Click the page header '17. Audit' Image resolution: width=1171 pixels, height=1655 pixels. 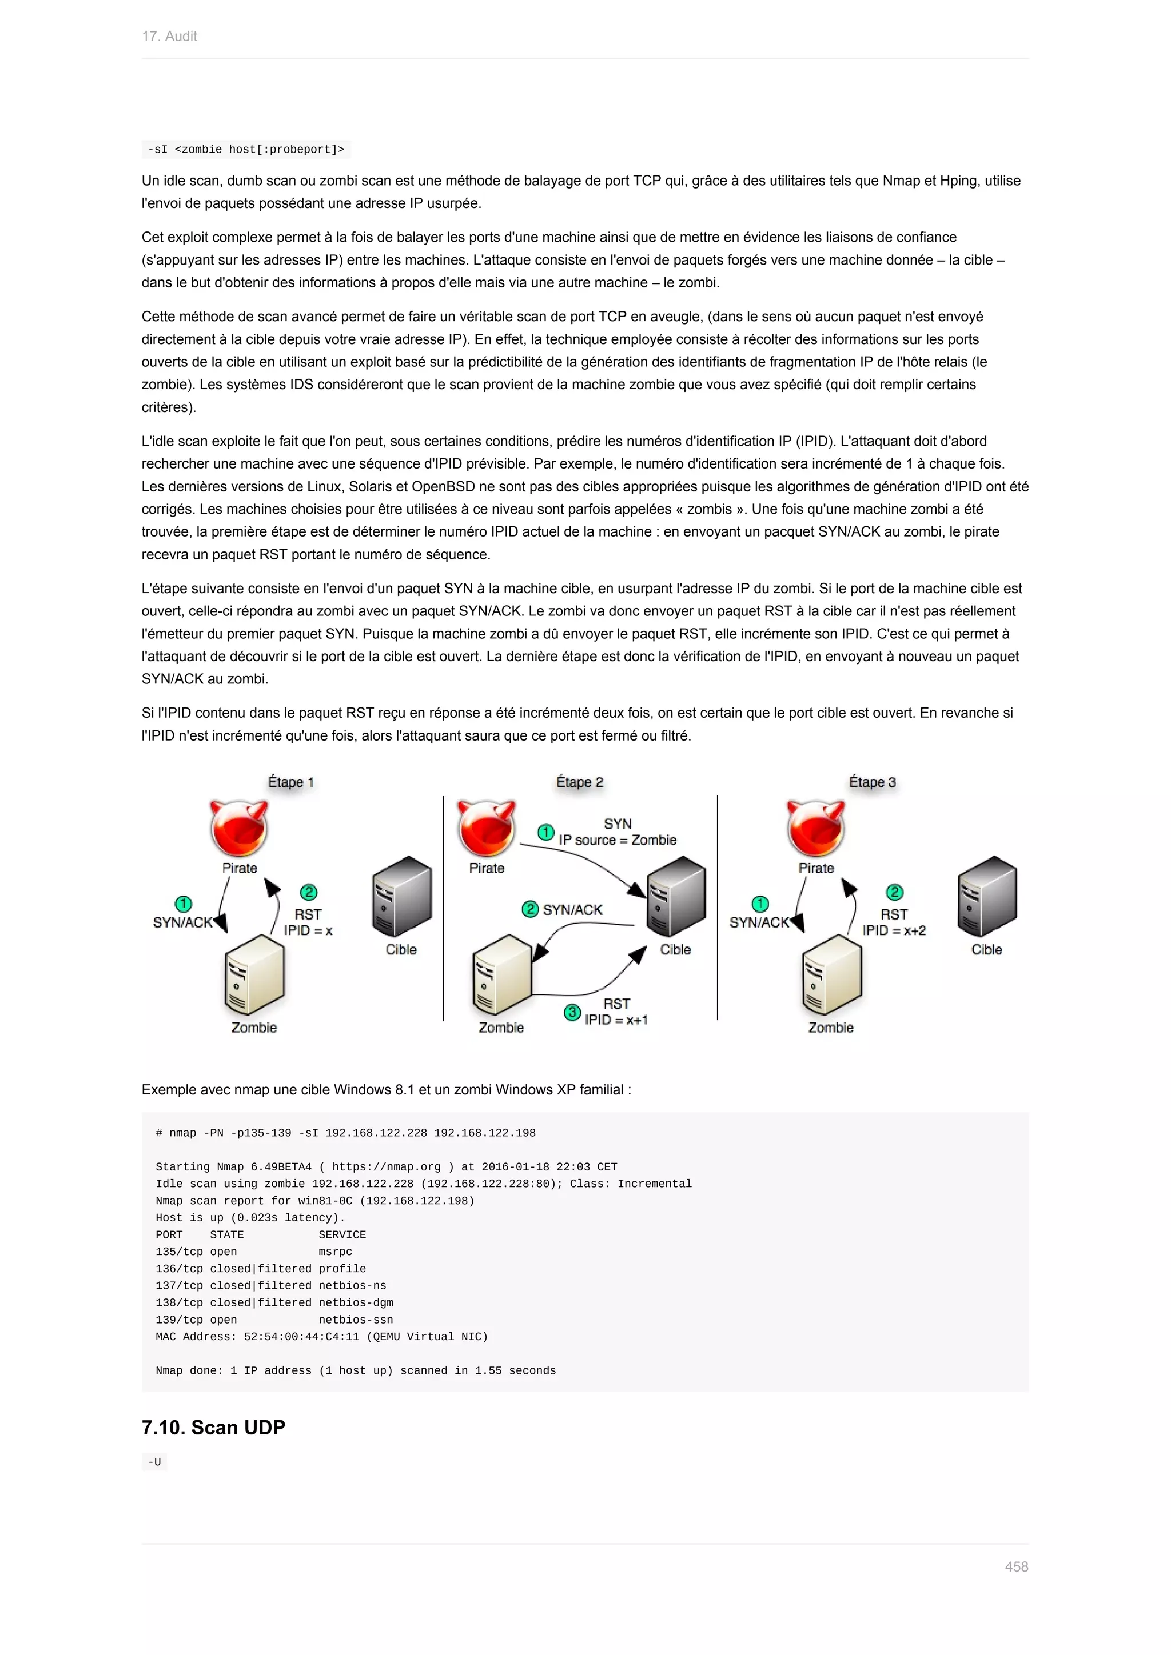click(169, 36)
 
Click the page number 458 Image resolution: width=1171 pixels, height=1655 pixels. click(1016, 1566)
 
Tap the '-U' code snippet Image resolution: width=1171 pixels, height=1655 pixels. click(154, 1462)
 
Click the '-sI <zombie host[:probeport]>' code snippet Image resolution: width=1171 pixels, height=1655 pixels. click(246, 149)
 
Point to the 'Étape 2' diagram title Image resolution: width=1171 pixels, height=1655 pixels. click(579, 782)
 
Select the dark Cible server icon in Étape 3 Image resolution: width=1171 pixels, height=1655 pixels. click(986, 896)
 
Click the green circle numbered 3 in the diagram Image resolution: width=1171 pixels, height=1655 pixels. click(572, 1012)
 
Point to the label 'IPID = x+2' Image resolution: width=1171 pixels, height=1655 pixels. click(894, 930)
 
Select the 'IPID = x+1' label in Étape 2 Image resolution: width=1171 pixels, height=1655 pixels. click(616, 1020)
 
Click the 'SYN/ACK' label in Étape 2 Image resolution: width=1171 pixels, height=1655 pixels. click(572, 910)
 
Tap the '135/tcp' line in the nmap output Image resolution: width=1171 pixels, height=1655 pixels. click(179, 1252)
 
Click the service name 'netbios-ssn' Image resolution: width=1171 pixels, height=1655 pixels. click(356, 1320)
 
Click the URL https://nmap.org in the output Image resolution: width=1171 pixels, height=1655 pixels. click(386, 1167)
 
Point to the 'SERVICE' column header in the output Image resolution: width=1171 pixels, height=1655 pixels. click(342, 1235)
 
